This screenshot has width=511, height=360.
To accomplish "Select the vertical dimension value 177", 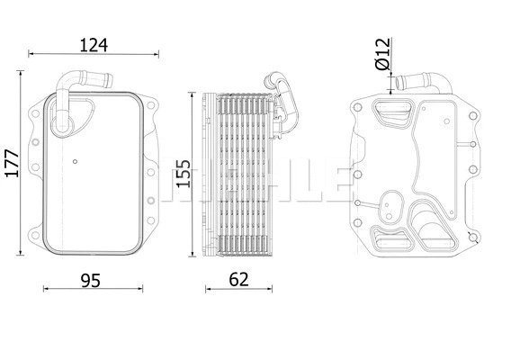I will [x=10, y=166].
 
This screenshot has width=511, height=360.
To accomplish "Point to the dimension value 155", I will [x=184, y=174].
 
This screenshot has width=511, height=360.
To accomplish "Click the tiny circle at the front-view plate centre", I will [x=76, y=163].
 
